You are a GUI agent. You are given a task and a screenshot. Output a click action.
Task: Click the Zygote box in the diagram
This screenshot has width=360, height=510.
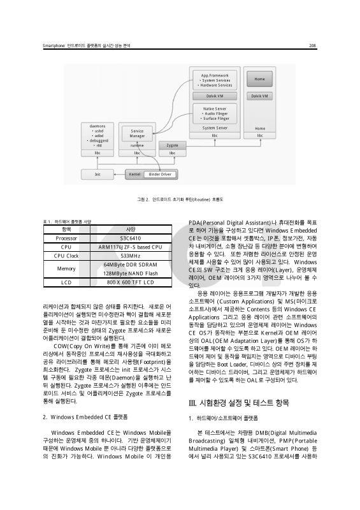point(172,146)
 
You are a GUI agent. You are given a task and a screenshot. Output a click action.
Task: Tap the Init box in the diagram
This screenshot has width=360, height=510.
point(97,173)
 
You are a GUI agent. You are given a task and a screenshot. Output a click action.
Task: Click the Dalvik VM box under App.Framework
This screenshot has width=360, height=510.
point(215,96)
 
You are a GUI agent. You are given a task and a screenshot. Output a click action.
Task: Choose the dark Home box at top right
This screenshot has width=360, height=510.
point(259,79)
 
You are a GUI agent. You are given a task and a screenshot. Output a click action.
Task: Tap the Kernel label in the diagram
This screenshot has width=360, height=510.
point(134,173)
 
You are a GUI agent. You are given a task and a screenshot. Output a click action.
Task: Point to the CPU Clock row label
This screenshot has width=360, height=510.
point(66,256)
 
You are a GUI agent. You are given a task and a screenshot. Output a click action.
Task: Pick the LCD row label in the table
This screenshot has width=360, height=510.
point(66,282)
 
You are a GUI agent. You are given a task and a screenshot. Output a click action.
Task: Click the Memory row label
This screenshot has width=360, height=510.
point(66,269)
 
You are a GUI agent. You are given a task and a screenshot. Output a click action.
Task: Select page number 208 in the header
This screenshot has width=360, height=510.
point(313,45)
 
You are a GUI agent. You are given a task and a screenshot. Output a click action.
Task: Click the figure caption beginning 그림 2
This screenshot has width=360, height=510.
point(180,200)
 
